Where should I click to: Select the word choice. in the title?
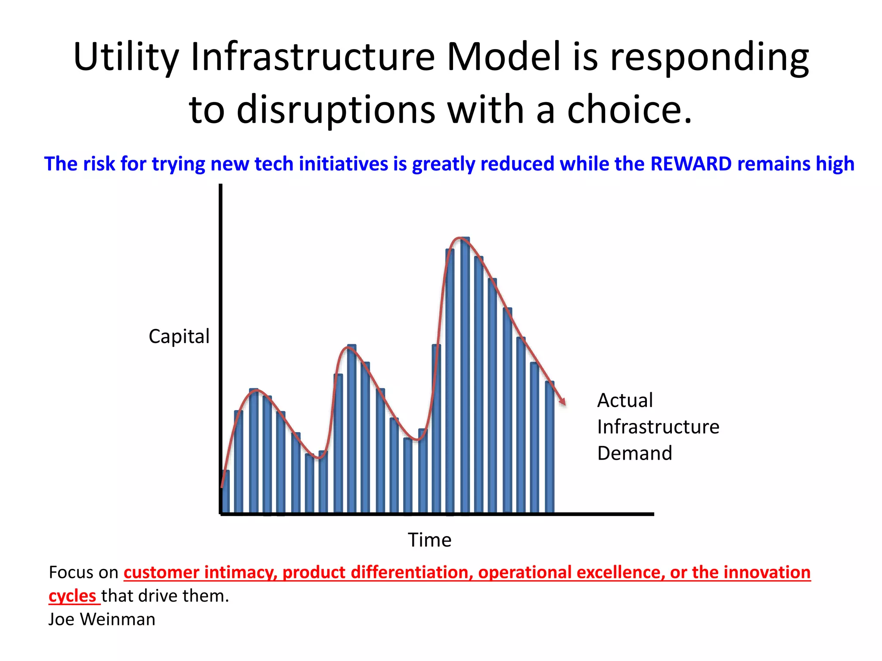(629, 110)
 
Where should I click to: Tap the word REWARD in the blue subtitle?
(691, 164)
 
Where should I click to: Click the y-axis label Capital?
(179, 337)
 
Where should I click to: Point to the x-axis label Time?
(429, 540)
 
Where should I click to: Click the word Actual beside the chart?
(625, 401)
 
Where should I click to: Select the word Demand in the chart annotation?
(634, 454)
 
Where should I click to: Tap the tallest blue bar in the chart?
(465, 374)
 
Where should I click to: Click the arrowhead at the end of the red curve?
(562, 402)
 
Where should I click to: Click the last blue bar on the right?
(550, 448)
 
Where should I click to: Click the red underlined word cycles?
(72, 596)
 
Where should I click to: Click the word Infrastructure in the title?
(313, 57)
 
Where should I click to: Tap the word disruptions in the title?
(336, 110)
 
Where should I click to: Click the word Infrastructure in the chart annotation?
(658, 427)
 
